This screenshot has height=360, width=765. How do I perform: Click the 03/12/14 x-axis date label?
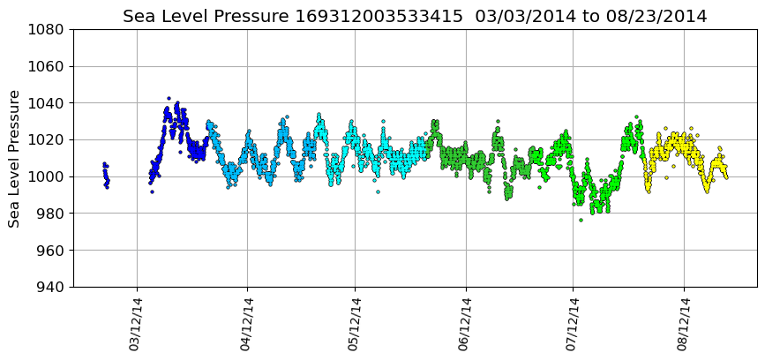pos(136,324)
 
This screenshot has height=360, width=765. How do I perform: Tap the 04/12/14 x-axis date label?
pos(247,324)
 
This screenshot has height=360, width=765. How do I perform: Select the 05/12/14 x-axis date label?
pos(355,324)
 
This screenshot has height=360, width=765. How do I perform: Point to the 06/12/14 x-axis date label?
pos(465,324)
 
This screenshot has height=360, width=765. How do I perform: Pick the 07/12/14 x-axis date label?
pos(573,324)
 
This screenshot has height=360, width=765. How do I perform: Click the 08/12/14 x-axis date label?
pos(684,324)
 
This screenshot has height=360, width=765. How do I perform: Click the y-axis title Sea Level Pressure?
pos(15,158)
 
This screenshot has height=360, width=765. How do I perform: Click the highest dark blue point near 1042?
pos(169,98)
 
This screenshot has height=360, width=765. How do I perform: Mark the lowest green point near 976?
pos(581,220)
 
